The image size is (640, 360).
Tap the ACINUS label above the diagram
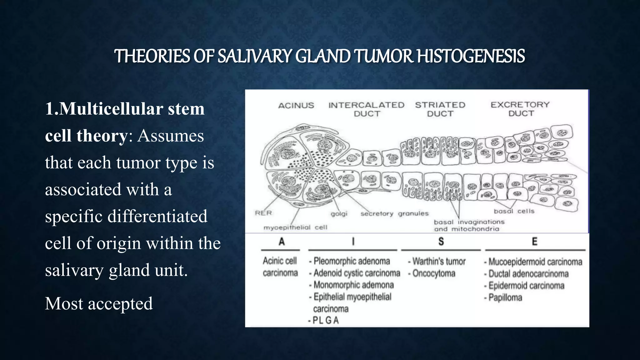[296, 106]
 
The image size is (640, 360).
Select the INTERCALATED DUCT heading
[366, 109]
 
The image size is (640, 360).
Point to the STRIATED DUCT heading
[440, 109]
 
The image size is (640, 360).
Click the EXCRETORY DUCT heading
[520, 109]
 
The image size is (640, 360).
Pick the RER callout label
[263, 213]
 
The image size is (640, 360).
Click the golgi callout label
[339, 214]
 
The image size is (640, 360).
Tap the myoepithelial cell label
[295, 227]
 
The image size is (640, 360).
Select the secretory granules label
[394, 213]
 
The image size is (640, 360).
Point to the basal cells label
[514, 211]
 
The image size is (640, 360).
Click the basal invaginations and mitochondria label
[469, 225]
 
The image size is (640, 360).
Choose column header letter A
[282, 242]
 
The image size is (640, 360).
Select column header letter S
[441, 242]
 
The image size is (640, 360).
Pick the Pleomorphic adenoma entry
[352, 261]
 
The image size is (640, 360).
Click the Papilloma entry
[505, 297]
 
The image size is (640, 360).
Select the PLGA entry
[325, 320]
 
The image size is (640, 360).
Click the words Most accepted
[99, 303]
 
